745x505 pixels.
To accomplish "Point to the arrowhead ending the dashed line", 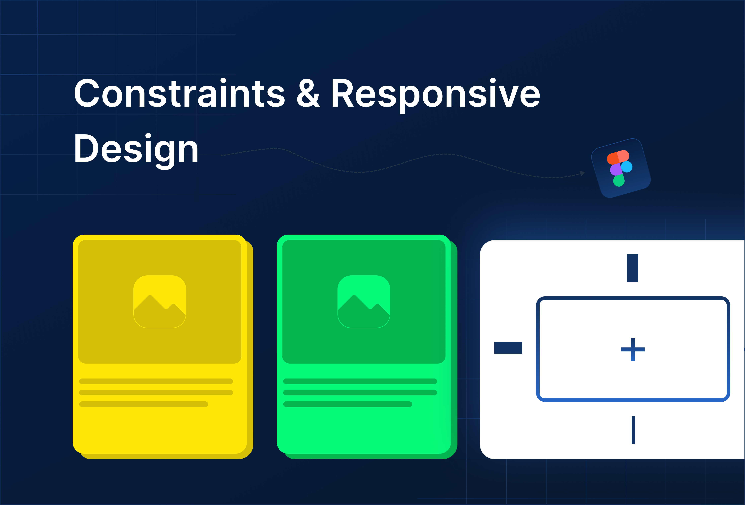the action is (x=582, y=173).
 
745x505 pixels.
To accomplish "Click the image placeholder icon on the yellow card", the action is (x=160, y=301).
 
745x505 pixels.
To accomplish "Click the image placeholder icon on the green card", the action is (x=364, y=301).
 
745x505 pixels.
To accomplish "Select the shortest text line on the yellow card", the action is (x=144, y=404).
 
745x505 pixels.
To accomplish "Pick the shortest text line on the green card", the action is (x=348, y=404).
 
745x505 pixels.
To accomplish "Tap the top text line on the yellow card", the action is (x=156, y=381).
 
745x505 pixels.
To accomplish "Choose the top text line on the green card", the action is (x=360, y=381).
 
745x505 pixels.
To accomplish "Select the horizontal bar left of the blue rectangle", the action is (x=508, y=348).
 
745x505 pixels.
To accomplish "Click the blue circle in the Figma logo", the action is (x=627, y=167).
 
